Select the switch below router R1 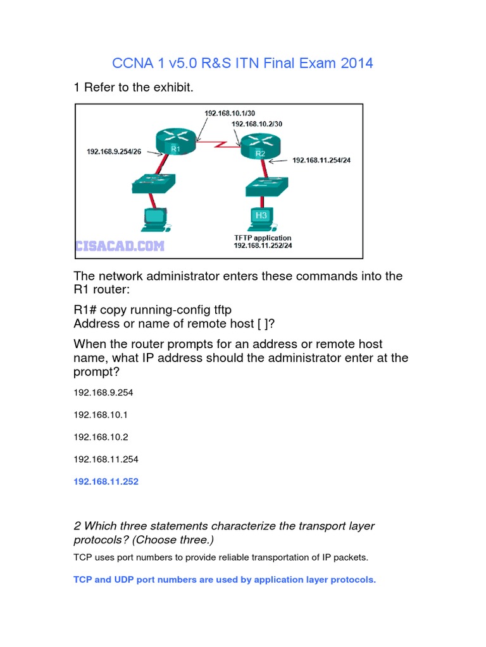(154, 184)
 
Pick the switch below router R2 (266, 186)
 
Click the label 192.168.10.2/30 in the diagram (258, 124)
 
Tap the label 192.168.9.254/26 (113, 152)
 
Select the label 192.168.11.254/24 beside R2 (321, 160)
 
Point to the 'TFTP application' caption (263, 238)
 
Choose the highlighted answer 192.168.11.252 (106, 481)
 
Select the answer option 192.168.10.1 (101, 414)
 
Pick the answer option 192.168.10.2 (101, 437)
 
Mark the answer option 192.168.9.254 (103, 392)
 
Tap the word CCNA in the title (130, 63)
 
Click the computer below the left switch (153, 219)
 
